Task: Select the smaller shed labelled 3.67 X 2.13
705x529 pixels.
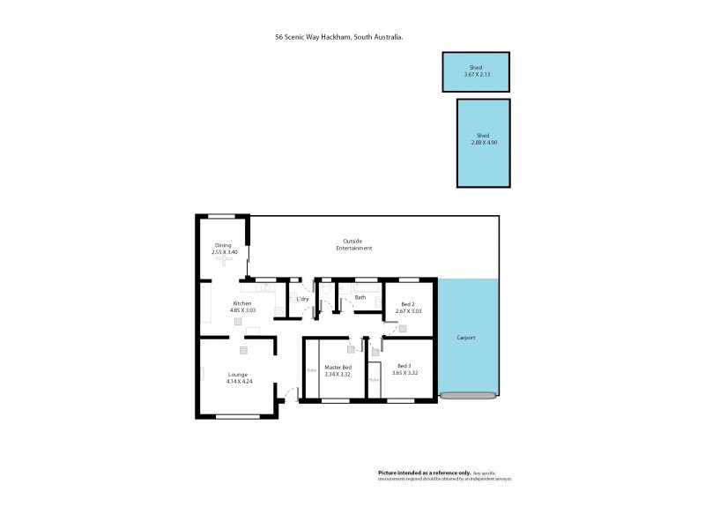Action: pos(475,71)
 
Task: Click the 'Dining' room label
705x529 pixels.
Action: pos(224,245)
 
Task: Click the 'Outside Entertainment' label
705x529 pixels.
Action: pos(352,244)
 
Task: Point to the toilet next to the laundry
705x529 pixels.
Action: pos(325,287)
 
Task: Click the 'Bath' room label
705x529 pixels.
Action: pos(360,297)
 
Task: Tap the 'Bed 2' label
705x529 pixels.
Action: pos(408,304)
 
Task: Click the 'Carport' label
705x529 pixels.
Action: pos(466,338)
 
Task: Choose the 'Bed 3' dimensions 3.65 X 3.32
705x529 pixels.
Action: pos(407,373)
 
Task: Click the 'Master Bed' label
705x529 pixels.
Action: pos(338,367)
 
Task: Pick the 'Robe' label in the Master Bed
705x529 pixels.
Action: pos(311,370)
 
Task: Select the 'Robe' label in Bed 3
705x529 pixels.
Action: pos(374,379)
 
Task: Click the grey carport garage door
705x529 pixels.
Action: pos(468,396)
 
